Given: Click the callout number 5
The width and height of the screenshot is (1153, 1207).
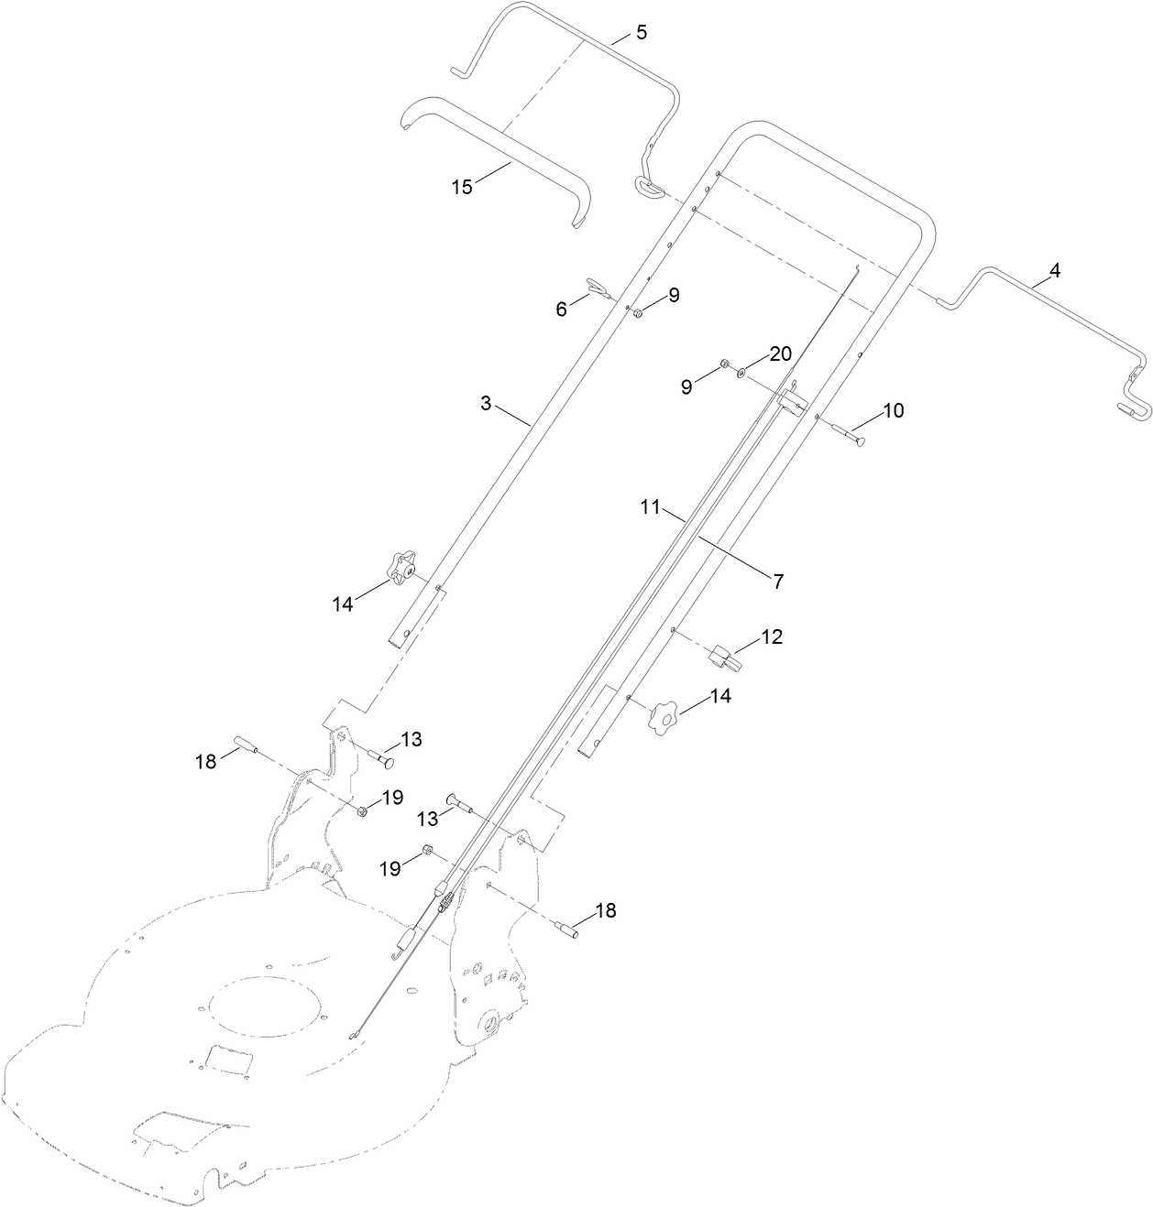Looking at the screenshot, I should point(641,33).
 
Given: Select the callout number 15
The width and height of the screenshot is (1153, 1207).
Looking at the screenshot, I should point(462,187).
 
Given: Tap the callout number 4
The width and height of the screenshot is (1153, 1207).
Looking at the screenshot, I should point(1054,271).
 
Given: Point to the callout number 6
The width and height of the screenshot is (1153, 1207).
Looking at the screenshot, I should point(562,310).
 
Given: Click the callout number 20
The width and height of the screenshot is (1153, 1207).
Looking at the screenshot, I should point(780,354).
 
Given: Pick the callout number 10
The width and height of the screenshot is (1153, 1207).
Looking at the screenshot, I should point(893,410).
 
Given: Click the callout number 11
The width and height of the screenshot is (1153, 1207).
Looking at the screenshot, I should point(650,506).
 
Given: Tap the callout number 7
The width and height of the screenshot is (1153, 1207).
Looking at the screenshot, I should point(778,581).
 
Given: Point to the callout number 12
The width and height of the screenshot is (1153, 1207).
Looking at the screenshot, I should point(772,637).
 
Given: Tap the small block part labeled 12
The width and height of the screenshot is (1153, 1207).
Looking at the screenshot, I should point(723,656).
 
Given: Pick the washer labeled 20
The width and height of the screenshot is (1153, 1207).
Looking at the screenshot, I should point(741,372).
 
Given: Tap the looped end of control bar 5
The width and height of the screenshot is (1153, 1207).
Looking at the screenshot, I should point(648,188).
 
